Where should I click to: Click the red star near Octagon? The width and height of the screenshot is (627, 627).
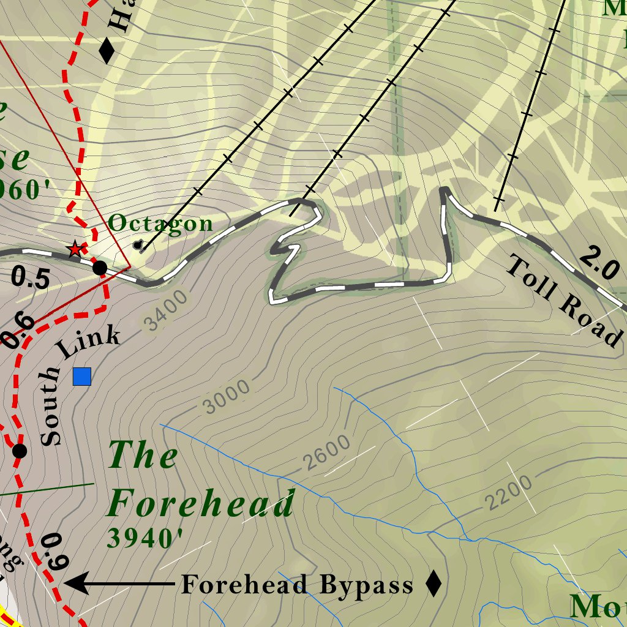75,249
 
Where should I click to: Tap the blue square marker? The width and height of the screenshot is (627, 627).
82,377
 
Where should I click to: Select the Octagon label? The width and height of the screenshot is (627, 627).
160,223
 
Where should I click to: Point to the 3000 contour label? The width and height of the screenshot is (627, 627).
227,396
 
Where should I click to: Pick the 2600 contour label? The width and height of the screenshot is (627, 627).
327,452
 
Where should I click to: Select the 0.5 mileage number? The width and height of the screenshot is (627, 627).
31,279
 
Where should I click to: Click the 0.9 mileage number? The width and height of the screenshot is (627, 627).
54,552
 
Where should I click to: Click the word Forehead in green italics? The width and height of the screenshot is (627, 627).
201,505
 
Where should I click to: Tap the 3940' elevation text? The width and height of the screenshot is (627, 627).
145,538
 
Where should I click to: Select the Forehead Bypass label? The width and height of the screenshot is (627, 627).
297,585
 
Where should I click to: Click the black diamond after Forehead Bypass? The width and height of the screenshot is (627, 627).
434,584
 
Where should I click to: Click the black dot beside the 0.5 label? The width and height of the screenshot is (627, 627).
99,268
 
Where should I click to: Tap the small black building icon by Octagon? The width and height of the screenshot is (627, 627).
138,245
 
